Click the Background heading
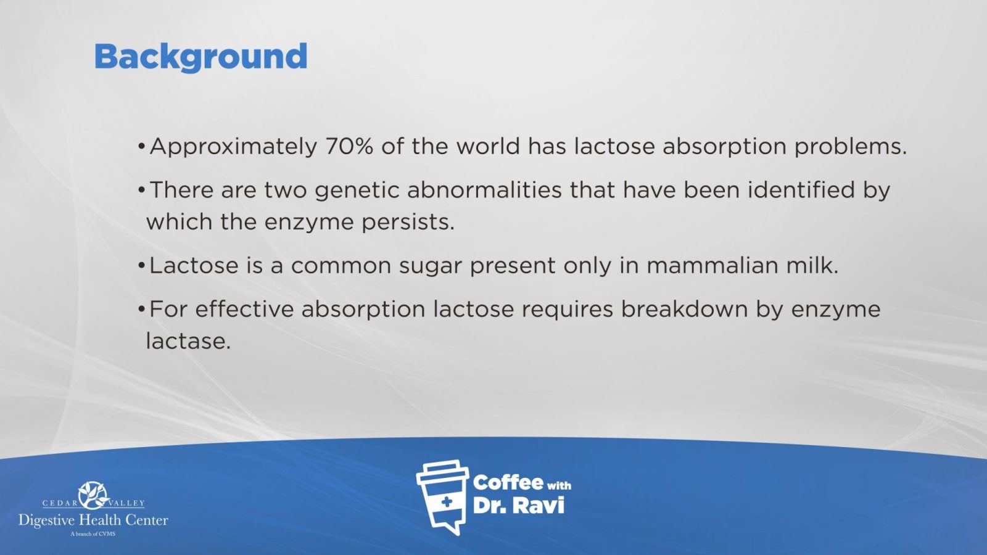click(201, 57)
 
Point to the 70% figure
click(349, 146)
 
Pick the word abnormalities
click(484, 190)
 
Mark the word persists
click(408, 223)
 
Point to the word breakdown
click(684, 309)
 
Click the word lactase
click(188, 341)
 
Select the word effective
click(244, 309)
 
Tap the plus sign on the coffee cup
click(447, 502)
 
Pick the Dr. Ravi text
click(518, 506)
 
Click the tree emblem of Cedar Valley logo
click(93, 495)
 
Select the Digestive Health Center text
click(93, 520)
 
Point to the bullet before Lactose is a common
click(141, 266)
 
